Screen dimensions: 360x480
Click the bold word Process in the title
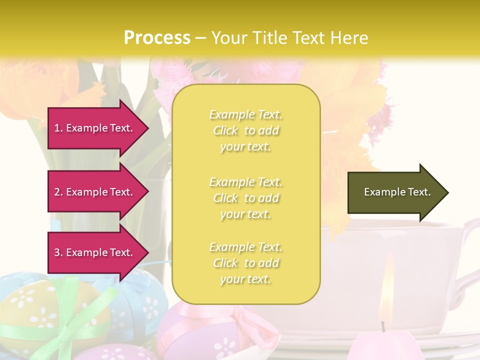coord(157,37)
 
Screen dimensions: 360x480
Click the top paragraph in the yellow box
coord(246,130)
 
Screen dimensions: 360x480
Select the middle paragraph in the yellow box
coord(246,198)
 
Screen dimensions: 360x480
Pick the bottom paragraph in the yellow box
coord(246,263)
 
